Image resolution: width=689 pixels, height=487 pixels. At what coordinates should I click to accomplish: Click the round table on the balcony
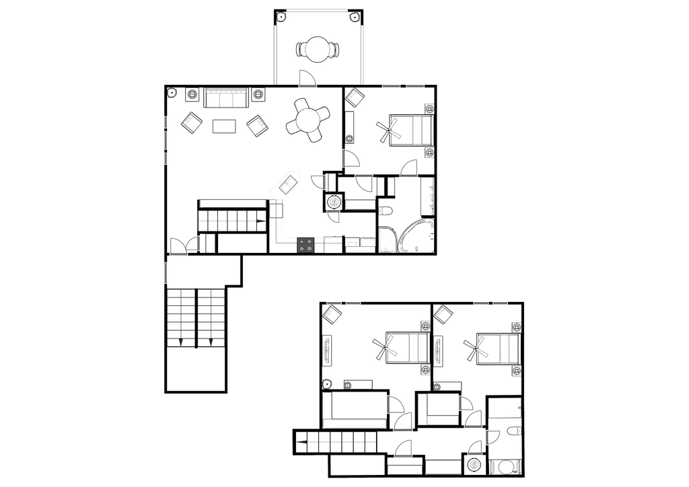318,49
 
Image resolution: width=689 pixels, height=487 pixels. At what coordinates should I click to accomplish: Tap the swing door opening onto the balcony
307,77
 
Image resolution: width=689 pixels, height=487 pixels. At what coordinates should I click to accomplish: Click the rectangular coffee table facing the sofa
224,126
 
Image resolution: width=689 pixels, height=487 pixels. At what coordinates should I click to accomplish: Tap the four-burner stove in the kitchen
306,245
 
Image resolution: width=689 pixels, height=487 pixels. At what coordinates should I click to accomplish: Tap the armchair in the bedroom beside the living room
354,97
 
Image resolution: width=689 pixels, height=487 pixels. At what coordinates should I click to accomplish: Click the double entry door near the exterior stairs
183,246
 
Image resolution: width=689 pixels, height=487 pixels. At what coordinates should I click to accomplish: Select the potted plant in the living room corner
172,91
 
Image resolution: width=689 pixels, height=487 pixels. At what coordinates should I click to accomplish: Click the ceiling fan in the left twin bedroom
384,350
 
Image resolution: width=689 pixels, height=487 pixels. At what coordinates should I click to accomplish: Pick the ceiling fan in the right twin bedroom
474,350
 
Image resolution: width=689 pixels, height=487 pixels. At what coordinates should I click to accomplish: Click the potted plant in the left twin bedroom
327,384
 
